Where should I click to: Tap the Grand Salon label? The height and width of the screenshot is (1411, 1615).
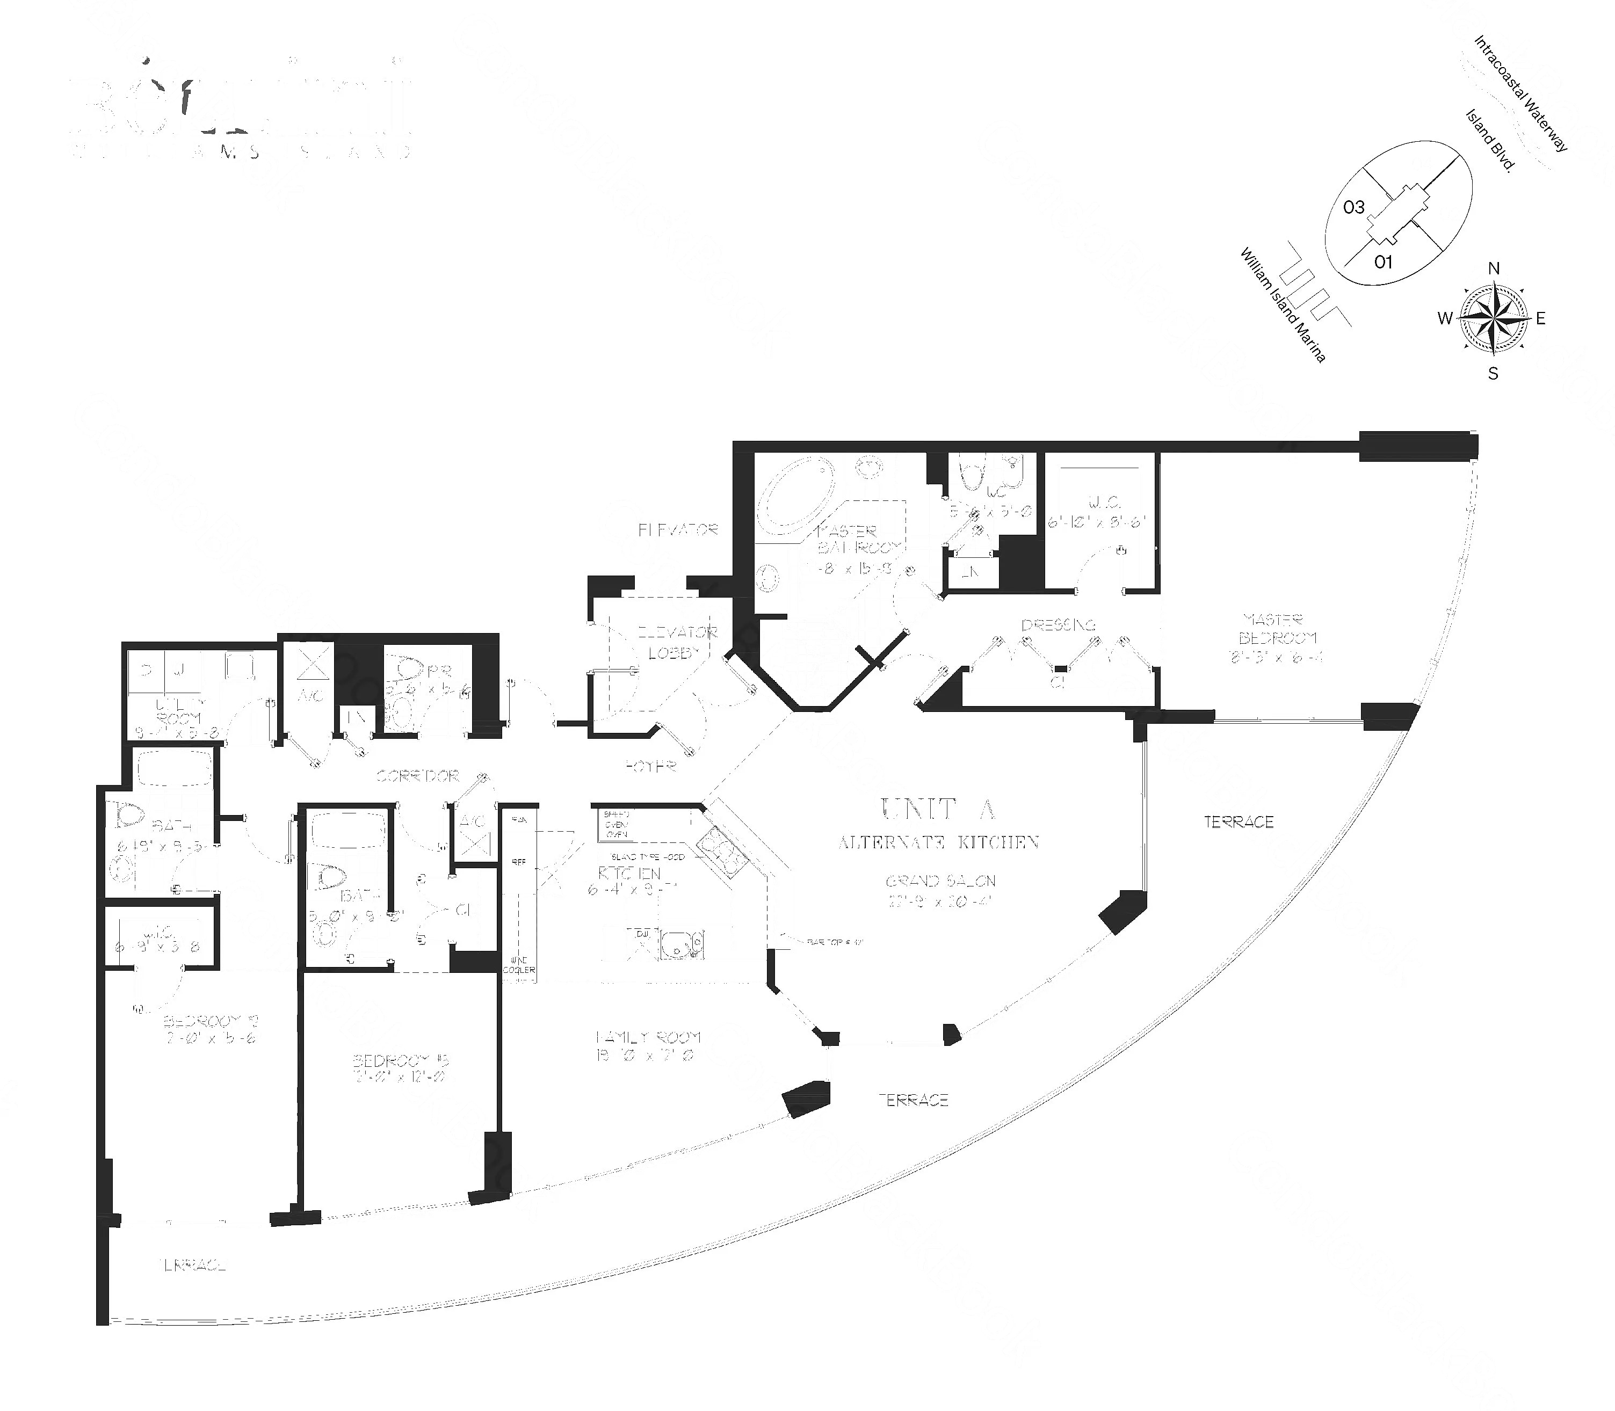(x=941, y=881)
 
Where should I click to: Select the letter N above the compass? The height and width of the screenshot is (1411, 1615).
(x=1493, y=268)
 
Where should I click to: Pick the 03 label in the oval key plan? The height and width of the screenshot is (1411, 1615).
(x=1353, y=208)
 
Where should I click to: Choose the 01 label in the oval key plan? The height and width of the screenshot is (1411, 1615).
(x=1384, y=262)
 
